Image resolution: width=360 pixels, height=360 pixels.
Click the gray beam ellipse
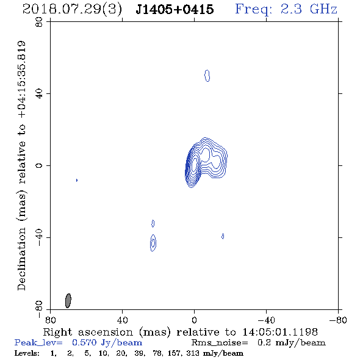pyautogui.click(x=68, y=301)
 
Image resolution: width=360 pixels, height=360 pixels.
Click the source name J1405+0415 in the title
pyautogui.click(x=175, y=10)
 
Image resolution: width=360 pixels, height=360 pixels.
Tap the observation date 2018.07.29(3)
pyautogui.click(x=72, y=10)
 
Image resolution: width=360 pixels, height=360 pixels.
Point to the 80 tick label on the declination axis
pyautogui.click(x=39, y=22)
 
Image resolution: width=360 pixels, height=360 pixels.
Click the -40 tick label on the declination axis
pyautogui.click(x=39, y=237)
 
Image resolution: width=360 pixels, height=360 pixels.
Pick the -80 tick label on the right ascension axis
pyautogui.click(x=338, y=320)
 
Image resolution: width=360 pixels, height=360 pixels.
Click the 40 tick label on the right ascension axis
pyautogui.click(x=122, y=320)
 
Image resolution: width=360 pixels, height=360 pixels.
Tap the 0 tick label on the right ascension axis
pyautogui.click(x=194, y=320)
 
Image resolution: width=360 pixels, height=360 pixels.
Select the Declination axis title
pyautogui.click(x=21, y=166)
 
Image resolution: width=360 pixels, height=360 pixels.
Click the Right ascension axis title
pyautogui.click(x=181, y=332)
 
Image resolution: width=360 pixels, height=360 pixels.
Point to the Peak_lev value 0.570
pyautogui.click(x=84, y=342)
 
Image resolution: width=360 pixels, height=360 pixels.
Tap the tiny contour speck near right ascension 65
pyautogui.click(x=77, y=180)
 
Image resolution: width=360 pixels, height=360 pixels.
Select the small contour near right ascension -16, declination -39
pyautogui.click(x=223, y=236)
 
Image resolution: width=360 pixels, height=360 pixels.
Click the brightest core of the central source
pyautogui.click(x=194, y=165)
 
